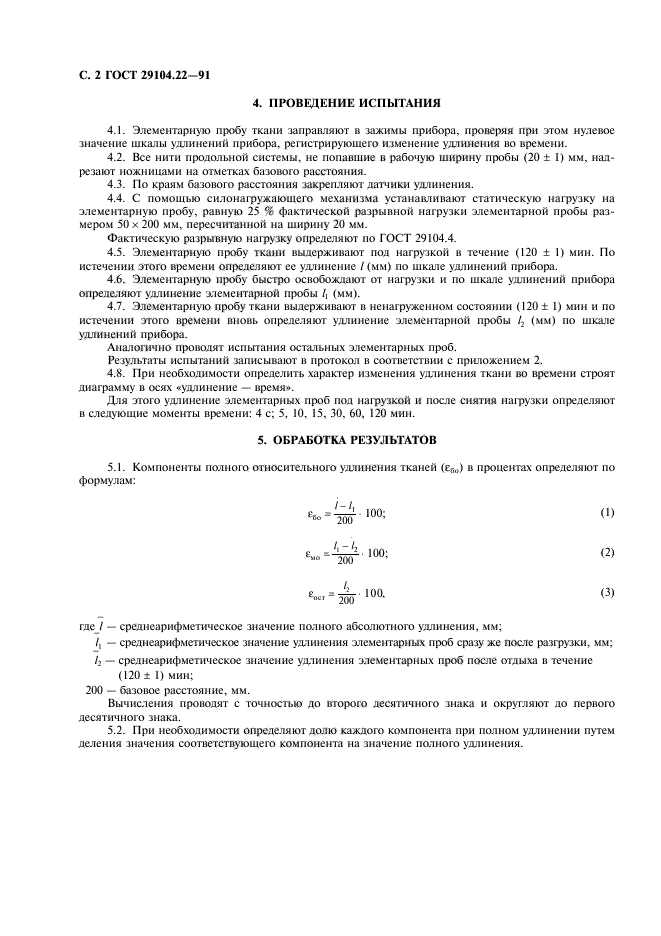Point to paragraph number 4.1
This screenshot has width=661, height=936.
point(117,132)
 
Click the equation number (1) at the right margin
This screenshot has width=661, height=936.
point(606,512)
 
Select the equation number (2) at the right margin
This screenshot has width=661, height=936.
point(606,552)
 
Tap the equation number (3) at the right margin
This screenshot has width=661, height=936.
point(606,592)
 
